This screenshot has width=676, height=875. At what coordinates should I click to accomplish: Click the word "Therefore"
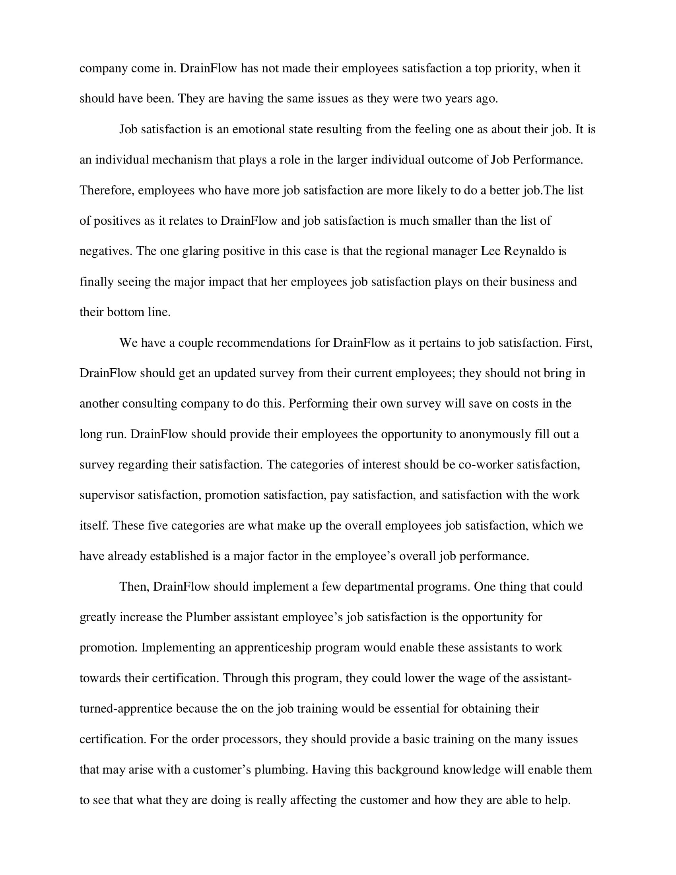pos(107,190)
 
